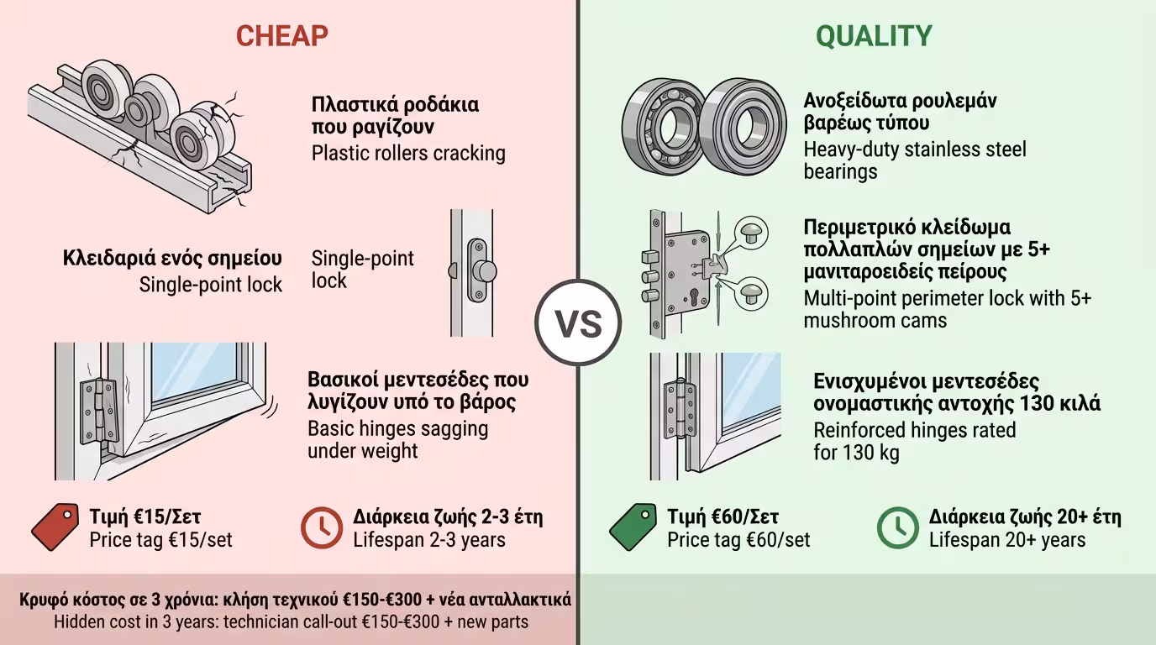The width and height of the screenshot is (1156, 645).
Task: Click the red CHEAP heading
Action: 281,35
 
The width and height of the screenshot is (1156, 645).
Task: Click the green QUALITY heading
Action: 874,35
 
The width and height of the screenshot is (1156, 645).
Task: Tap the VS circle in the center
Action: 578,322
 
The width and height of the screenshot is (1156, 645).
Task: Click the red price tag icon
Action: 55,527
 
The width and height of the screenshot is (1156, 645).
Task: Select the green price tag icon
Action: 633,527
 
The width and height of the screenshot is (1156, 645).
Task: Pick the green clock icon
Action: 898,527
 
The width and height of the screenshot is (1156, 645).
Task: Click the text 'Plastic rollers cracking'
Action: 408,153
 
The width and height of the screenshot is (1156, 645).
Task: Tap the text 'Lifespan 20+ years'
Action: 1006,539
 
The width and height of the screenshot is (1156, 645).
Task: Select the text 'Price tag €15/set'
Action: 160,539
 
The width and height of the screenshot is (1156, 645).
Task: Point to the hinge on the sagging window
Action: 98,412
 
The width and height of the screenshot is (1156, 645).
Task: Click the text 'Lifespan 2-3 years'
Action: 429,539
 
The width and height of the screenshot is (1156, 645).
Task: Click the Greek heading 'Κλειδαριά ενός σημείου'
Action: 172,258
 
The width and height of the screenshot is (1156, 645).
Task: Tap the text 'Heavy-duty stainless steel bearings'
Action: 914,160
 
